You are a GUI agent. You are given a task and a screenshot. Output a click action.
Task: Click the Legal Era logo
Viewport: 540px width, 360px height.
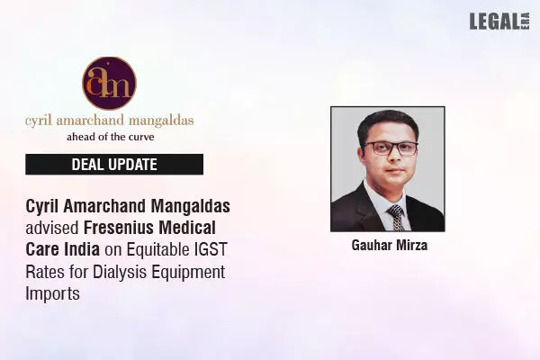(x=496, y=21)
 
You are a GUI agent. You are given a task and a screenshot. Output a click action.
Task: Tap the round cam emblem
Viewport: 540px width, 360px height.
(x=110, y=83)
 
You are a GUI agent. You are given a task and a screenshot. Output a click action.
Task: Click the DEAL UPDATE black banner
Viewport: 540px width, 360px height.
(x=114, y=164)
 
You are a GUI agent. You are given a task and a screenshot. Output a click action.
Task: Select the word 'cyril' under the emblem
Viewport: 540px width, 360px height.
(x=40, y=121)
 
